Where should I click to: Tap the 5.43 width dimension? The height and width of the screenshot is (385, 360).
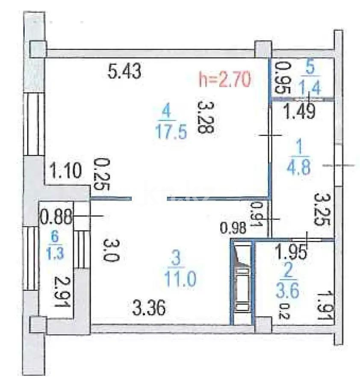[x=124, y=71]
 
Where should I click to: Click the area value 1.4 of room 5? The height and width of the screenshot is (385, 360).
[x=311, y=88]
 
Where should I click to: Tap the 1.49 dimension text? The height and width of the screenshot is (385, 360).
[x=300, y=112]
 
